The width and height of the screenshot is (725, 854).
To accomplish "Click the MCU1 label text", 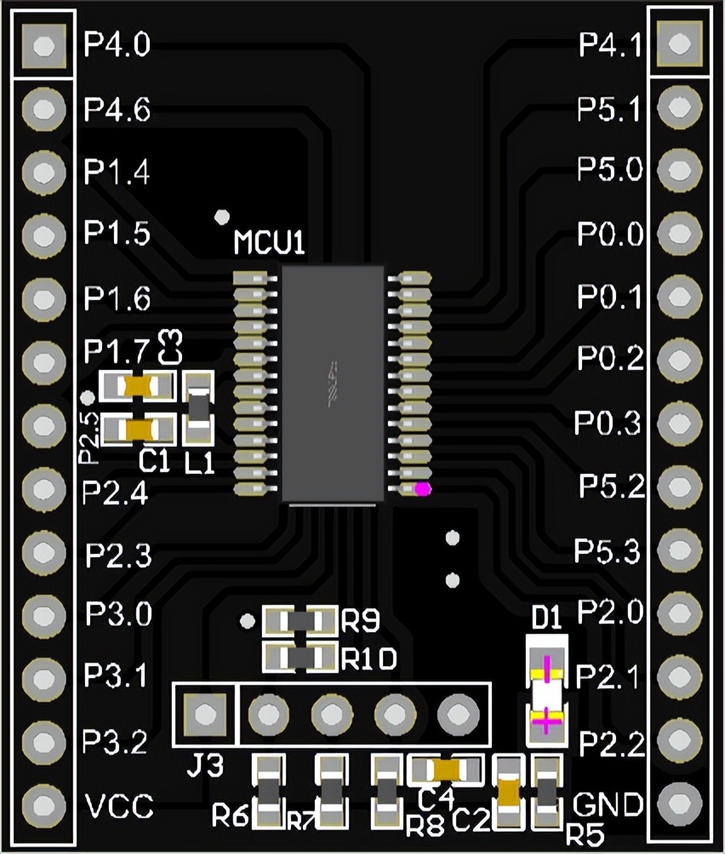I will pyautogui.click(x=269, y=245).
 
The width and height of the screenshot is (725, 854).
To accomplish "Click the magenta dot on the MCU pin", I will pyautogui.click(x=421, y=489).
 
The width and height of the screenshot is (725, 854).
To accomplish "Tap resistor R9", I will pyautogui.click(x=300, y=622).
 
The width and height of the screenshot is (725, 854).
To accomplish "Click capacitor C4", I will pyautogui.click(x=448, y=771).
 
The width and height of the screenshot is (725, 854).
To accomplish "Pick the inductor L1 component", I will pyautogui.click(x=198, y=408).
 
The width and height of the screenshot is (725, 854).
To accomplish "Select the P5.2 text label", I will pyautogui.click(x=610, y=487).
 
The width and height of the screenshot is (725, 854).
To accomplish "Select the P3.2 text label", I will pyautogui.click(x=118, y=742).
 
